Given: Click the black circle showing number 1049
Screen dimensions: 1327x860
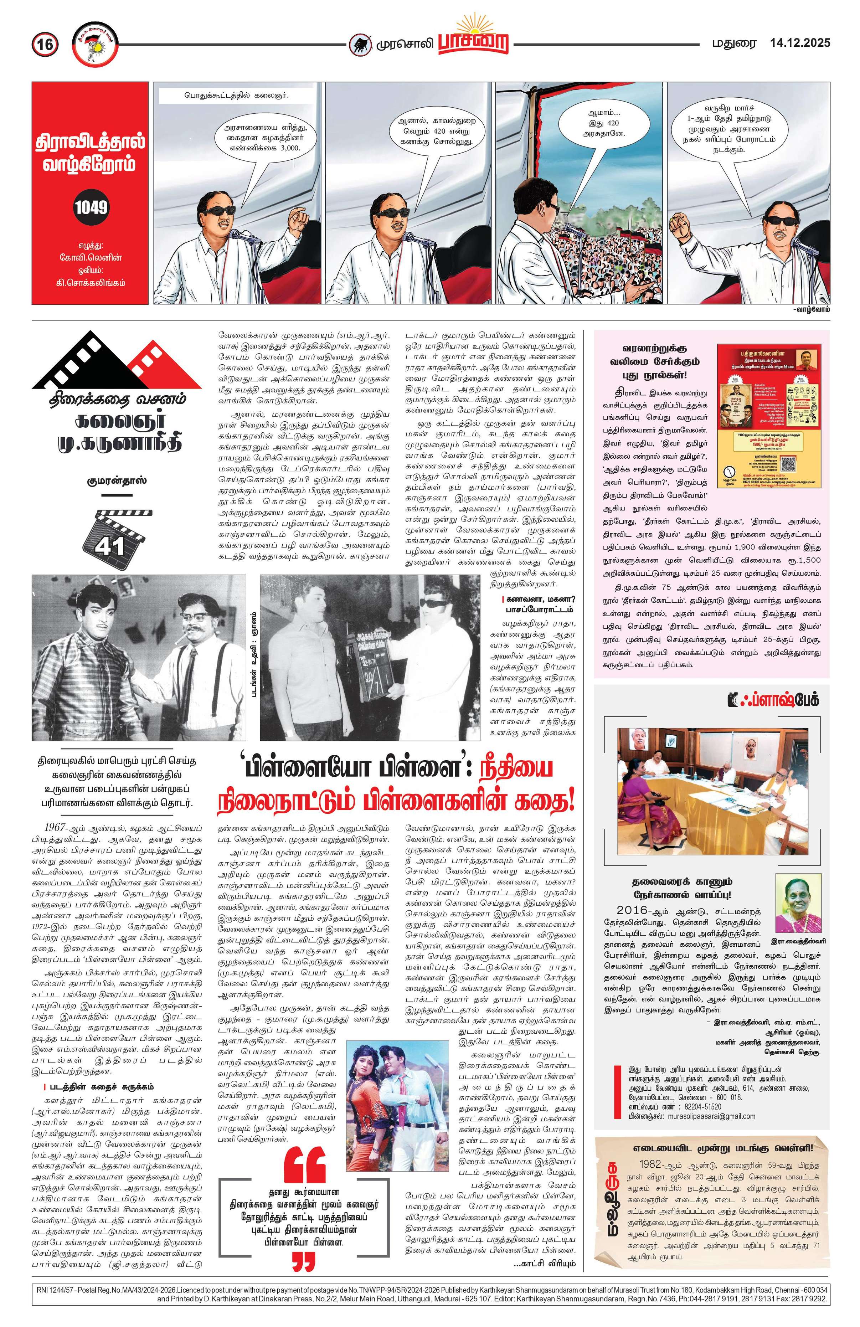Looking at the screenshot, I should pos(91,207).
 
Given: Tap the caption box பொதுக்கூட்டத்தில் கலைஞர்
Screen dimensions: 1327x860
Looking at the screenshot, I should pos(237,95).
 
